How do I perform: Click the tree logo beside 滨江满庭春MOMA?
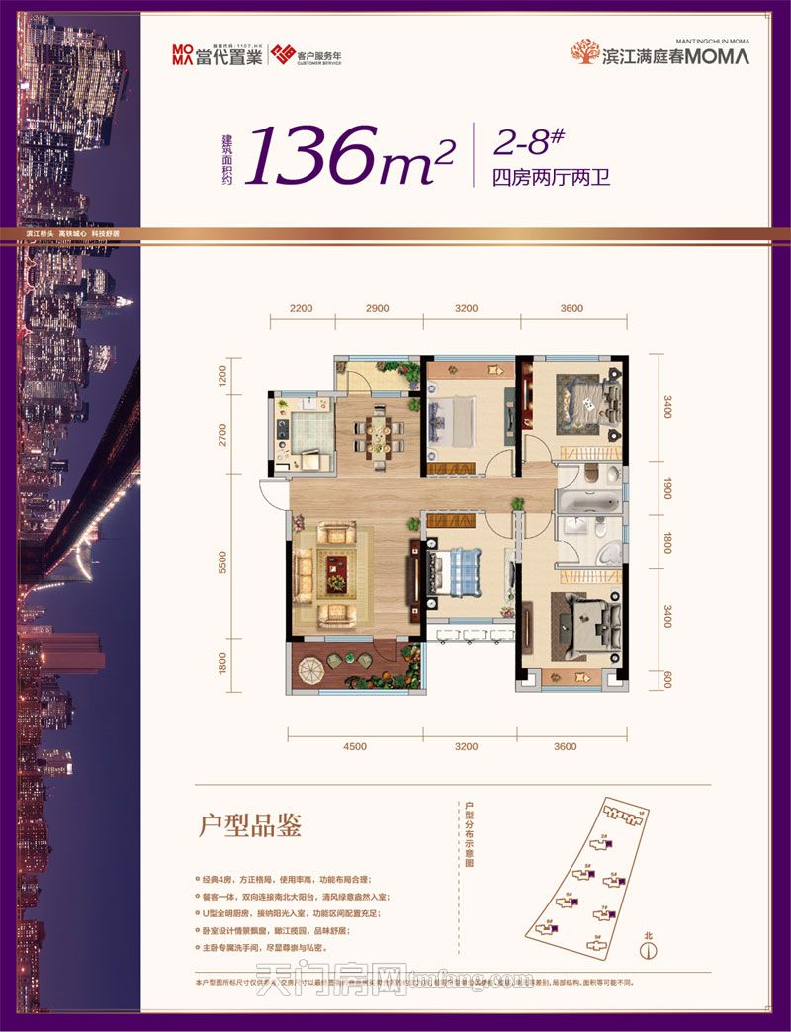tap(585, 52)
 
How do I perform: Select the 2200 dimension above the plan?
tap(302, 309)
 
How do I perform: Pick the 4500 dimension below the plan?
tap(355, 746)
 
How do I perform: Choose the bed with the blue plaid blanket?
tap(454, 572)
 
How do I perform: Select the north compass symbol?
tap(649, 951)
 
